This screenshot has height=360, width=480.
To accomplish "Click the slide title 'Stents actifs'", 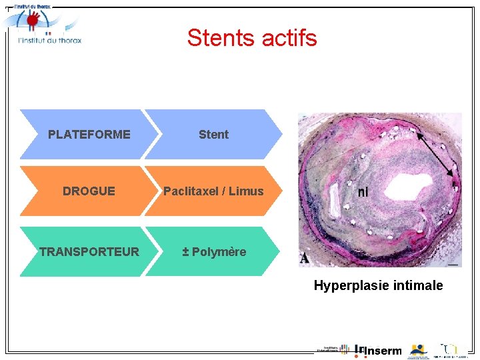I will pos(252,38).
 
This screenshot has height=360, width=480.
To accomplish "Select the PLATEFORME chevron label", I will pos(89,134).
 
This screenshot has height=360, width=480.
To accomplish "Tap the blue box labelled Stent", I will pos(213,134).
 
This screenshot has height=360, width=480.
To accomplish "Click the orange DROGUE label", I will pos(89,191).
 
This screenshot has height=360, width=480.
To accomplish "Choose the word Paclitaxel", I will pos(189,191).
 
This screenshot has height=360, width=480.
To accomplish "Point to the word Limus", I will pos(246,191).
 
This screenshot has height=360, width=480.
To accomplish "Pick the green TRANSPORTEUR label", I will pos(89,251).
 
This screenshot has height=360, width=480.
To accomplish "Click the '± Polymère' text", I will pos(215,251).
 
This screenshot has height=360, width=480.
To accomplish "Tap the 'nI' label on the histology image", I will pos(363,192).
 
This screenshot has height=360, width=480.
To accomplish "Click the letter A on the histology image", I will pos(305,258).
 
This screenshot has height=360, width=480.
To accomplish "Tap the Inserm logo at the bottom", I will pos(380,351).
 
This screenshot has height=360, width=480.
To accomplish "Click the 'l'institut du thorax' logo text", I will pos(49,40).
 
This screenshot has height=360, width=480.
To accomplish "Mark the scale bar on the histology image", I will pos(453,265).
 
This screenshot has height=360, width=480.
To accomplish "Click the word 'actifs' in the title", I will pos(291,38).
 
